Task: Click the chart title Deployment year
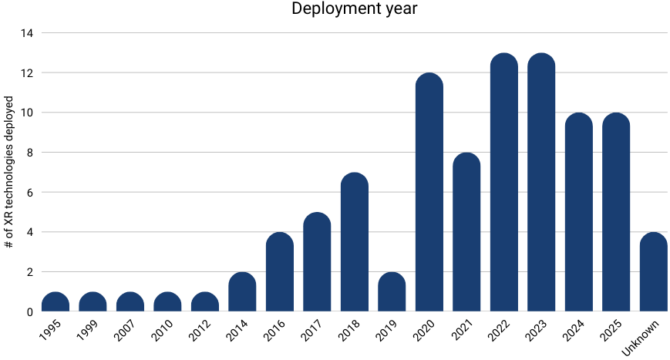[354, 10]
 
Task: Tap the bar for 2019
[392, 292]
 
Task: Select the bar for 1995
[56, 302]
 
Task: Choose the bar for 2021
[466, 232]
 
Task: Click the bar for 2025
[616, 213]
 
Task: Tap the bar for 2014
[242, 292]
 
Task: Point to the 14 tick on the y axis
[28, 33]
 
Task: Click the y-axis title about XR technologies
[9, 172]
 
